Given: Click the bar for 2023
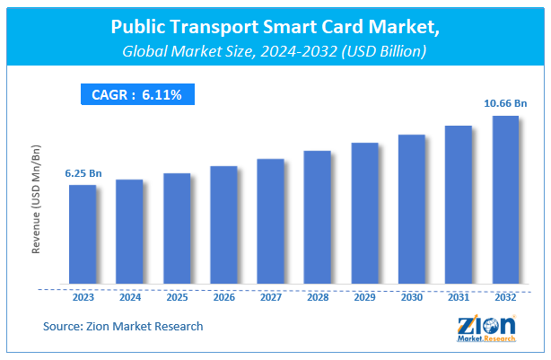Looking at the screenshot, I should [x=83, y=236].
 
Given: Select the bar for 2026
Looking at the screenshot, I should [x=223, y=226].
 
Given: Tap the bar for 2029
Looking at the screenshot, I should [x=364, y=215].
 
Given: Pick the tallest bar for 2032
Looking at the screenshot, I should [x=505, y=201].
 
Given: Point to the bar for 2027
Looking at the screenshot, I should [x=270, y=223].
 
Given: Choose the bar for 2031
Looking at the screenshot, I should [x=459, y=206].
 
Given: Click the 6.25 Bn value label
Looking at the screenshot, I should [x=83, y=172].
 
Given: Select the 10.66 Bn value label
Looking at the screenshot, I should [x=505, y=103].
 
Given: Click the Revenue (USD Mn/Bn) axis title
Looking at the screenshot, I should [x=37, y=205].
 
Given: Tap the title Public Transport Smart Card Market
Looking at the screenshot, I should [x=275, y=28].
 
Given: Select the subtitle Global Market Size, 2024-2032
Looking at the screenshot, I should [x=275, y=52].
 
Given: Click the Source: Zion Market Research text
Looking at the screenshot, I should [x=122, y=326].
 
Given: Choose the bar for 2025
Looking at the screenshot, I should [x=177, y=230].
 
